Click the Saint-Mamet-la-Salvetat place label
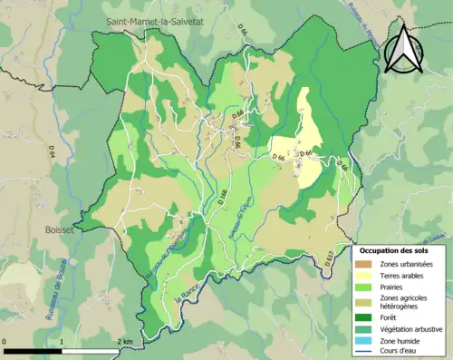coord(155,21)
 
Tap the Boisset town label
coord(60,230)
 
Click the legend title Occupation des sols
coord(395,249)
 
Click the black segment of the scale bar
coord(33,351)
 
